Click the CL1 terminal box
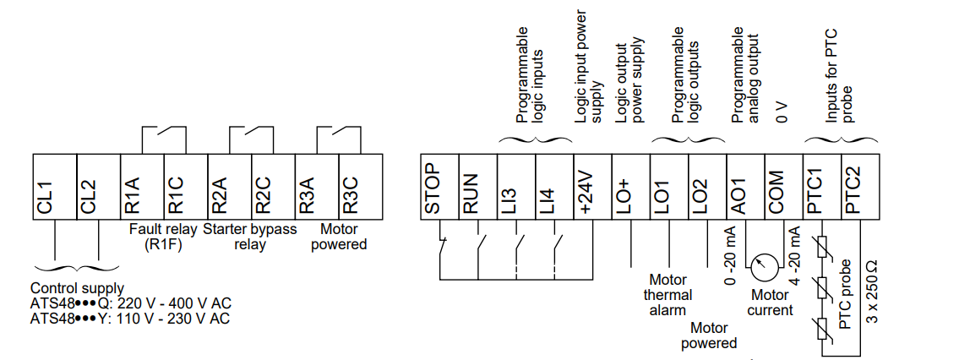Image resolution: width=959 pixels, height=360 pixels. click(54, 187)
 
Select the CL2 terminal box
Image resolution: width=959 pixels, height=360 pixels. click(99, 187)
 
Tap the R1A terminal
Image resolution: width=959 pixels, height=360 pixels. click(142, 187)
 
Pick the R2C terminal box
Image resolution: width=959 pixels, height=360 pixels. click(273, 187)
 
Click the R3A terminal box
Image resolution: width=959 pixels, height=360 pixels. click(316, 187)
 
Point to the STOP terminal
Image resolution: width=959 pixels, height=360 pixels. click(439, 187)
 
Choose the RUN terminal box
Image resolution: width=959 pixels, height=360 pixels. click(478, 187)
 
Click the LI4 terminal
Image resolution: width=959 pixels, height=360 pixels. click(554, 187)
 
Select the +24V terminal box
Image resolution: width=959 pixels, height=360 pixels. click(592, 187)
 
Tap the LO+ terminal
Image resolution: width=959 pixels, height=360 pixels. click(630, 187)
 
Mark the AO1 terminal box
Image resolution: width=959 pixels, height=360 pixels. click(745, 187)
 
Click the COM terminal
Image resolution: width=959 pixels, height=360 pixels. click(783, 187)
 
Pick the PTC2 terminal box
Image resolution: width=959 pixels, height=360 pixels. click(859, 187)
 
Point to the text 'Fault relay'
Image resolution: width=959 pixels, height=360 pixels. click(163, 230)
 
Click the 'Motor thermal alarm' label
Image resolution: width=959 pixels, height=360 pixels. click(667, 295)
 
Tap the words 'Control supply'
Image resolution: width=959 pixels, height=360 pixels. click(77, 288)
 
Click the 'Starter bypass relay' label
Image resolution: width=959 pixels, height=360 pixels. click(249, 237)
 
